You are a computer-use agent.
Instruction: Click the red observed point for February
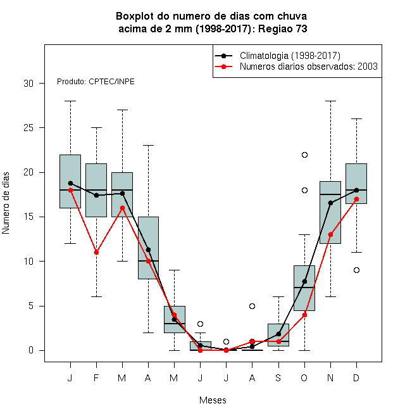pos(96,252)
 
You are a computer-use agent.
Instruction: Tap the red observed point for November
pos(331,234)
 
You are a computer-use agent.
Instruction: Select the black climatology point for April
pos(149,250)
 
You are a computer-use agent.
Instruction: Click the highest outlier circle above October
pos(304,155)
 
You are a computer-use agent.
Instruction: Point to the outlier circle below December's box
pos(356,270)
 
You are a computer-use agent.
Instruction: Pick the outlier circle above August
pos(252,306)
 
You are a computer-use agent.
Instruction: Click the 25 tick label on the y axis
pos(28,128)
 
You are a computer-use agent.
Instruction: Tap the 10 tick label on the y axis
pos(28,261)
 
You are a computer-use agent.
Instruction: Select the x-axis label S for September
pos(278,377)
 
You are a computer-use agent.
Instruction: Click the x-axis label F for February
pos(96,377)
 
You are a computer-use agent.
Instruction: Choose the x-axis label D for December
pos(356,377)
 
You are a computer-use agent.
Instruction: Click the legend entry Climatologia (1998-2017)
pos(290,56)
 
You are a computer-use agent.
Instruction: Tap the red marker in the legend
pos(224,66)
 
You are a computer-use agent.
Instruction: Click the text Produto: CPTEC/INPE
pos(96,82)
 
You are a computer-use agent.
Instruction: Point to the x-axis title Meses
pos(213,400)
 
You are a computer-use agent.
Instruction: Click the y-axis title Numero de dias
pos(6,203)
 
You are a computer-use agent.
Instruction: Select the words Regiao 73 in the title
pos(283,28)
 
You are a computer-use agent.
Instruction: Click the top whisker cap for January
pos(71,101)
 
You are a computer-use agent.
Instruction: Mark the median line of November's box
pos(330,194)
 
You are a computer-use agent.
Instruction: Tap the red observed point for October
pos(304,315)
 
